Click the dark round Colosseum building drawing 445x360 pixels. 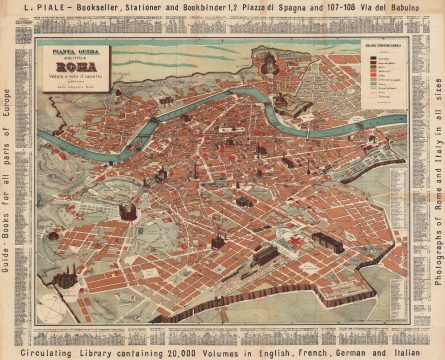click(x=128, y=211)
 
